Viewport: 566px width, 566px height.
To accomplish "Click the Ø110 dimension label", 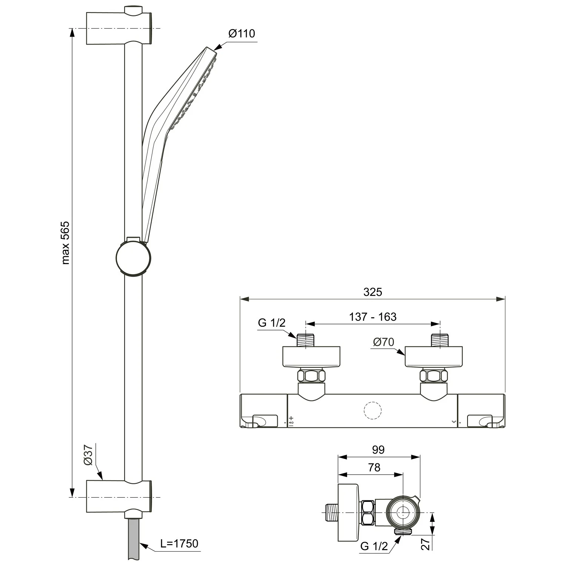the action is [242, 34].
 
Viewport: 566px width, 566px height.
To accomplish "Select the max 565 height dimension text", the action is [65, 243].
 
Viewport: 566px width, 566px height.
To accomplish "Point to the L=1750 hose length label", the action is [179, 543].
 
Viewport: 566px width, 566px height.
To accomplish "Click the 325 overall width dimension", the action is [373, 292].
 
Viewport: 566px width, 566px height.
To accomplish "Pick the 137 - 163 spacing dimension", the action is [373, 317].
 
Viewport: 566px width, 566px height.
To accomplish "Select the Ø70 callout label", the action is [383, 342].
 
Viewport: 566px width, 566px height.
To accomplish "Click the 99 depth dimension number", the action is [378, 449].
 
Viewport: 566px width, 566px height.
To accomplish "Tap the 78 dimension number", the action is [374, 468].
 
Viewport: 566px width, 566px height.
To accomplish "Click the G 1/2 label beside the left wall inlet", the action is [272, 323].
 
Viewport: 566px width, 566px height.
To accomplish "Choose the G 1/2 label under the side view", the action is [374, 546].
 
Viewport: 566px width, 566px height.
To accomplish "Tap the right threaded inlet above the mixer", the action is [440, 340].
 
